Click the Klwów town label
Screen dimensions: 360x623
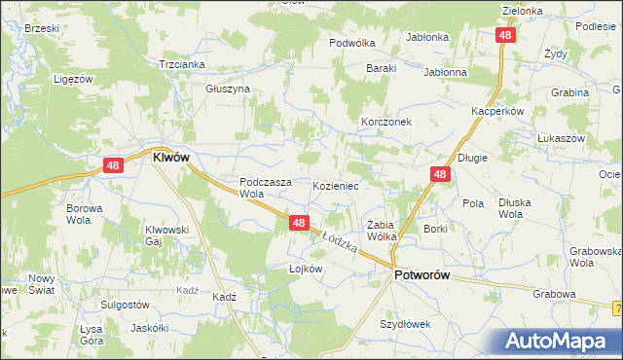tap(170, 157)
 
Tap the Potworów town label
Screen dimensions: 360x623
tap(421, 276)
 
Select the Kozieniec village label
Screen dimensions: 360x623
tap(337, 185)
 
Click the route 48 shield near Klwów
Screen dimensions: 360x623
tap(113, 166)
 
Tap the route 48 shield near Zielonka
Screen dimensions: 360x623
tap(504, 35)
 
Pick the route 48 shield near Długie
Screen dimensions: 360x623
tap(440, 175)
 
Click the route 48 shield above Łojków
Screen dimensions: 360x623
tap(300, 224)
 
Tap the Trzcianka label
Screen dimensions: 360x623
tap(181, 64)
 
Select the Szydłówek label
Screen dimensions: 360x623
tap(405, 324)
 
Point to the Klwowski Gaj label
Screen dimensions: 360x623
tap(165, 235)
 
